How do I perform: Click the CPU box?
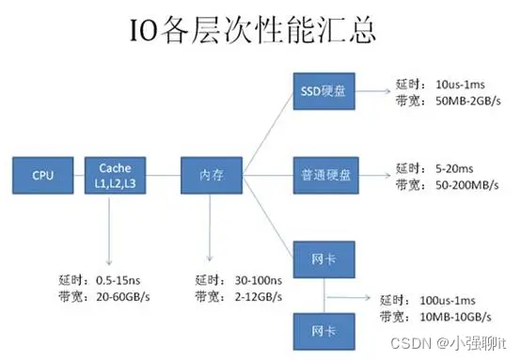(43, 174)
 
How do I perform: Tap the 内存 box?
(212, 174)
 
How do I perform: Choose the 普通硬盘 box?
(321, 174)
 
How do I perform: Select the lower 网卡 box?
(321, 330)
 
